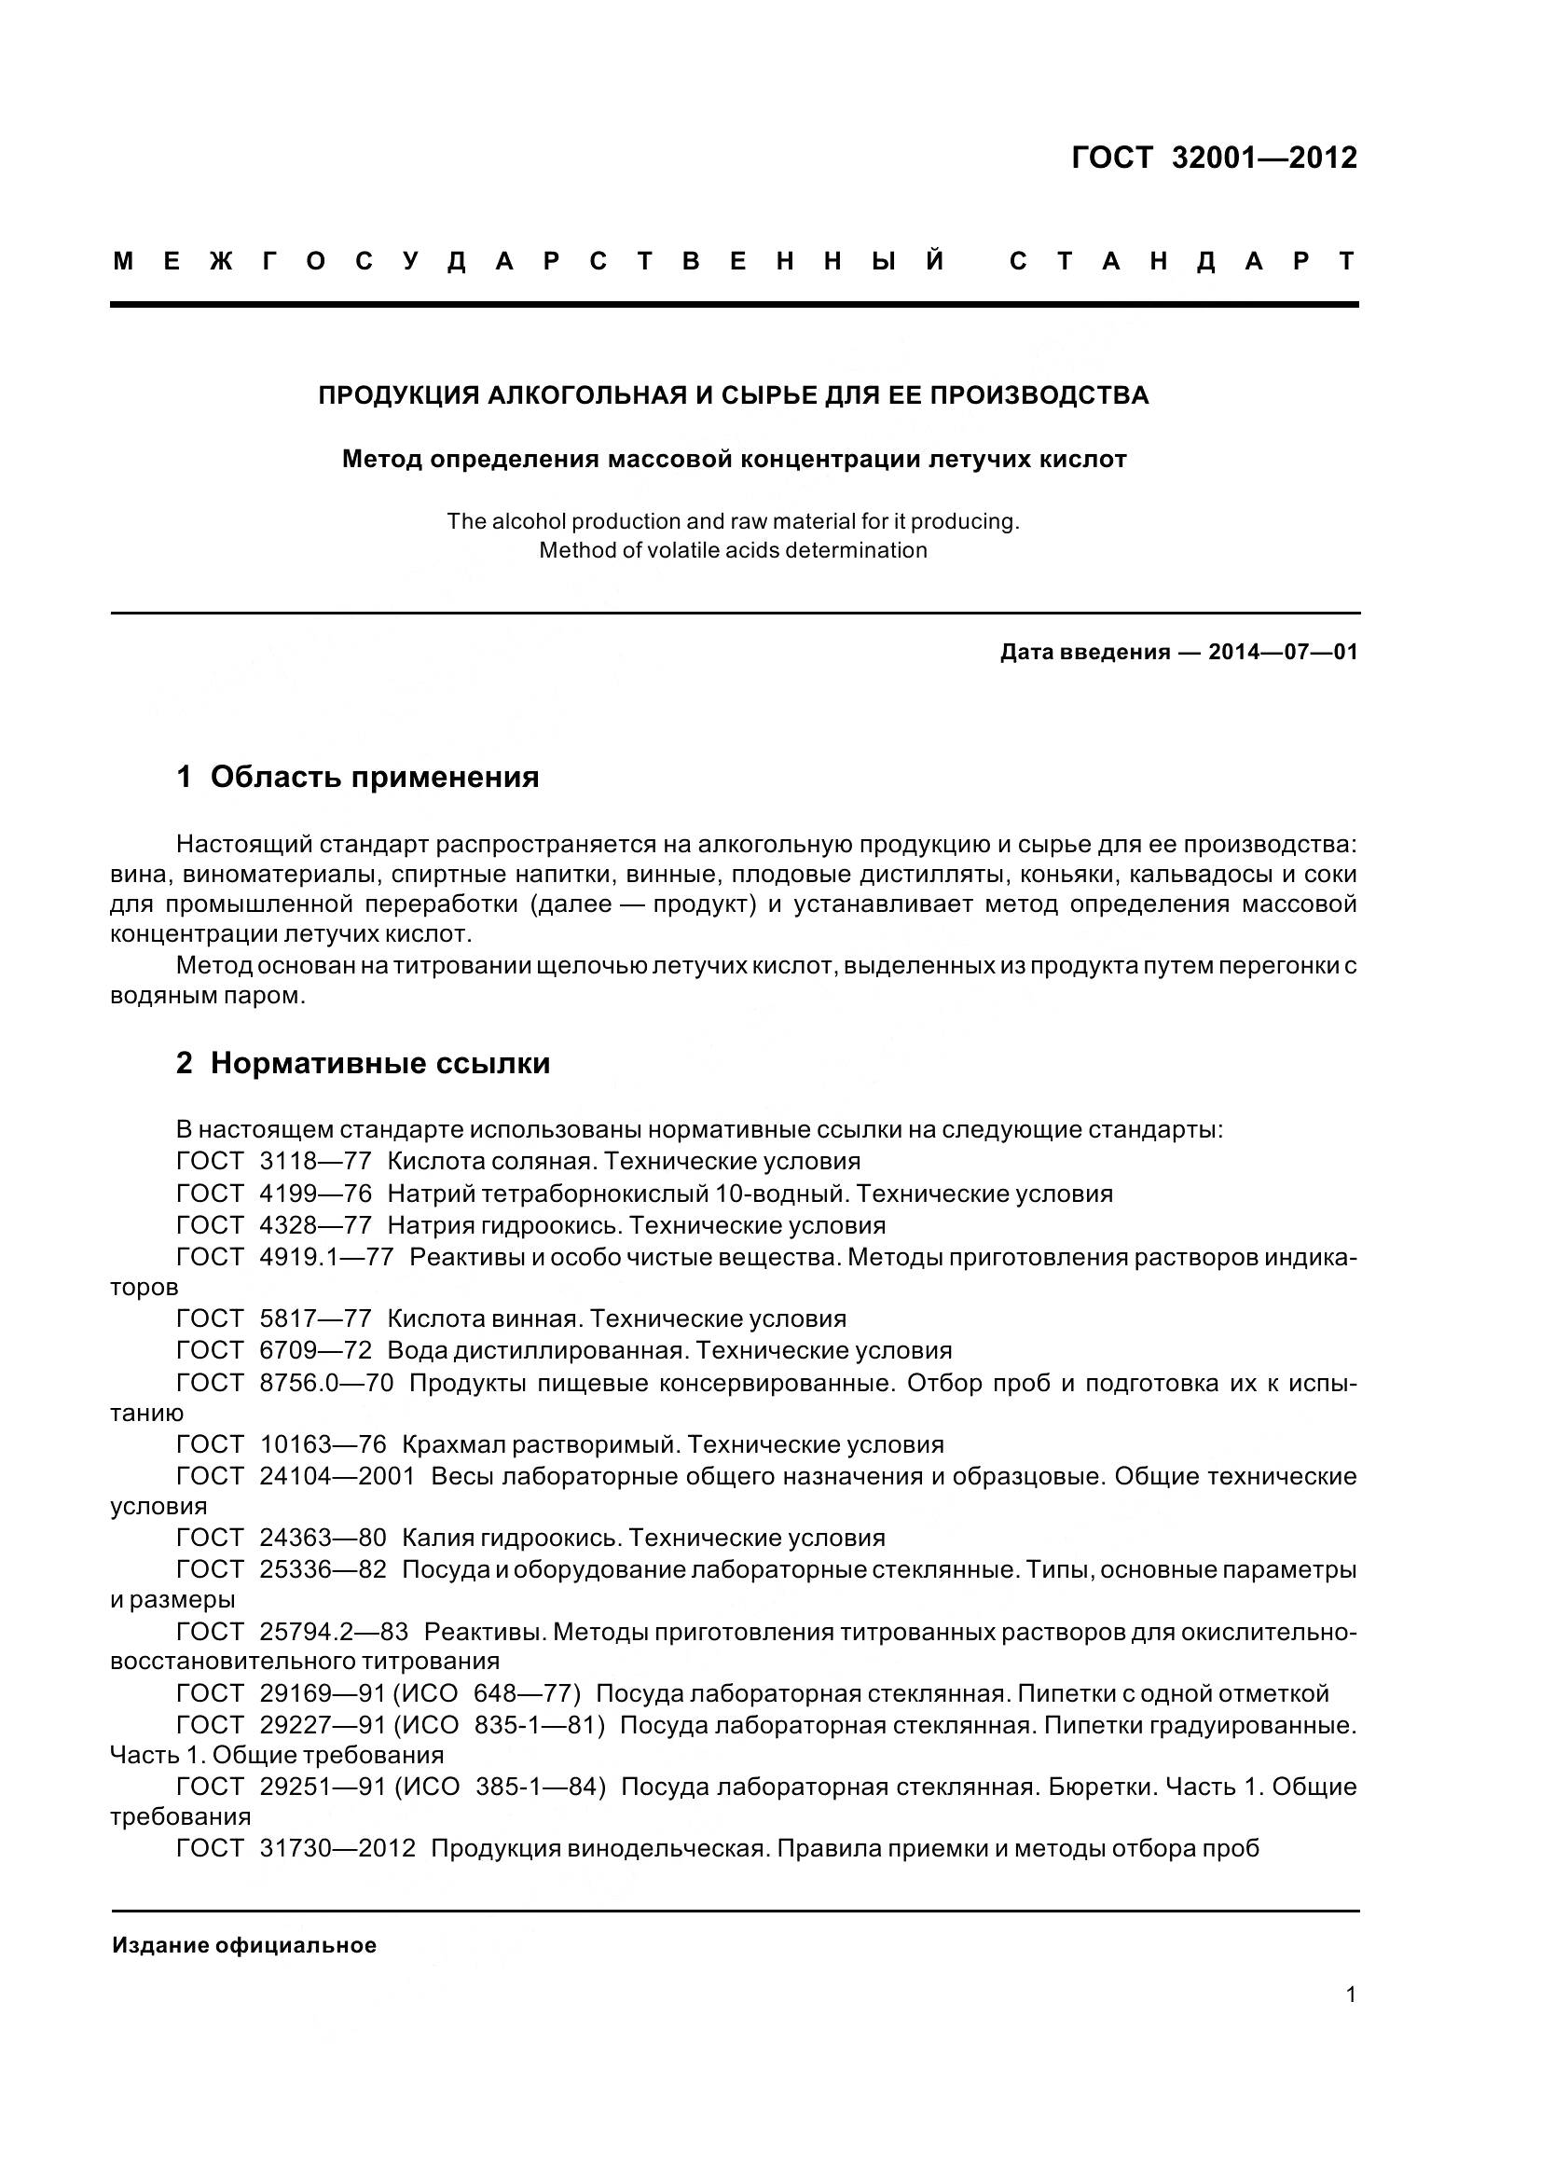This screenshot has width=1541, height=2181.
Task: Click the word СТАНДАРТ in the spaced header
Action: (x=1182, y=261)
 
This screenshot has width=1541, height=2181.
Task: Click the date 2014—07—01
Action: (x=1283, y=652)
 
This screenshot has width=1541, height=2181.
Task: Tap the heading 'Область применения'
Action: (x=374, y=776)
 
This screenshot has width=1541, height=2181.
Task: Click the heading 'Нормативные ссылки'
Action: (x=379, y=1063)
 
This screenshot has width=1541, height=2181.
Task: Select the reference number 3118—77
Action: (x=315, y=1161)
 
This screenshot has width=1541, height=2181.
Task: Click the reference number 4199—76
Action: (x=315, y=1194)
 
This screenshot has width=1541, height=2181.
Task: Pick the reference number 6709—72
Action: (x=315, y=1350)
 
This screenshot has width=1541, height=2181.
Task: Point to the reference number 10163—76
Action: (x=323, y=1443)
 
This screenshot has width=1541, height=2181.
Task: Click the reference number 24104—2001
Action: (x=337, y=1476)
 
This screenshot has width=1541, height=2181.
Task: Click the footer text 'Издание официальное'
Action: (x=244, y=1945)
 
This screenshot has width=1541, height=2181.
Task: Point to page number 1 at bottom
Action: (x=1350, y=1995)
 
